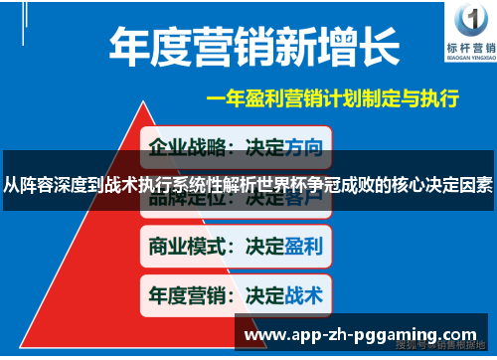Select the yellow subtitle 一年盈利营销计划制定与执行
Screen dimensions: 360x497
click(x=332, y=99)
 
